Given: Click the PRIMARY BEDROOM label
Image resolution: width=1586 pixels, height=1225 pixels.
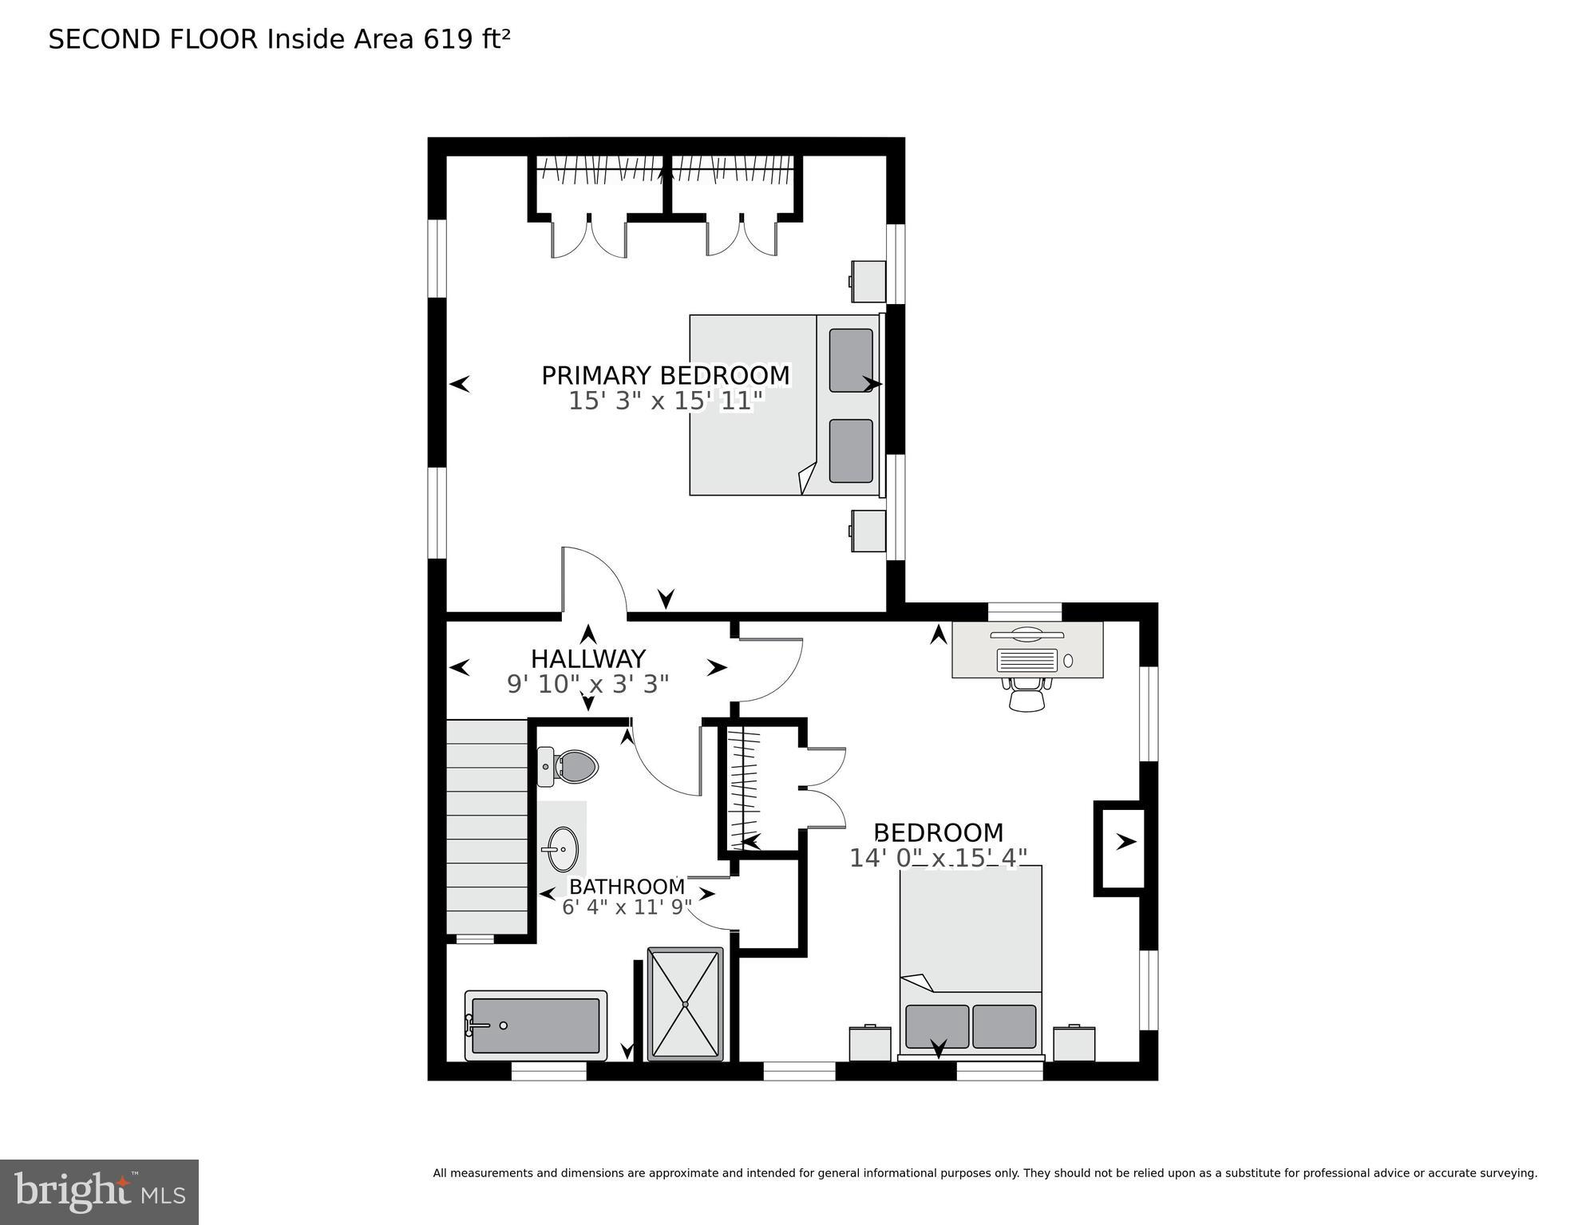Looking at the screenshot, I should [665, 375].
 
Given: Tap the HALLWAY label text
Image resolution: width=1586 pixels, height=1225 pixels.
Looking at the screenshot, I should [587, 658].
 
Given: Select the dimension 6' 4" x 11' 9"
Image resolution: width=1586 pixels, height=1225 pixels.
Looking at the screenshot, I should [627, 907].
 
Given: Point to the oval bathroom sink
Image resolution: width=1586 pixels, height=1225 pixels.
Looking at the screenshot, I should [563, 849].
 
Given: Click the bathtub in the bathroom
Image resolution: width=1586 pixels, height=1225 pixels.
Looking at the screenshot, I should [536, 1025].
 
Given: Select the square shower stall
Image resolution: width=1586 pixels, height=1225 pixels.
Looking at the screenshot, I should [685, 1004].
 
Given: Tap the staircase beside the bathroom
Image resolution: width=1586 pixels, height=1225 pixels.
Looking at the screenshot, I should [486, 826].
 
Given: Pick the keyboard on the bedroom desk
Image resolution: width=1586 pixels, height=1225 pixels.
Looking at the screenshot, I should [1027, 660].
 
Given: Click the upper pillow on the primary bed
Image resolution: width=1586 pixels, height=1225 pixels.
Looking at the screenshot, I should [851, 360].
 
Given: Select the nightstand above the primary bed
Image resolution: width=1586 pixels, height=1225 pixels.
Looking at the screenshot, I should [868, 282].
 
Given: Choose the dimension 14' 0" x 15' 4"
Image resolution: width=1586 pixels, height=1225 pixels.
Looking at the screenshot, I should [938, 858].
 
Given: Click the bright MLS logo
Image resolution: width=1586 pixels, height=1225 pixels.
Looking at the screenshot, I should [99, 1191].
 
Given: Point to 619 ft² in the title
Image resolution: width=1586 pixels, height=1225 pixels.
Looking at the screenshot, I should [466, 39].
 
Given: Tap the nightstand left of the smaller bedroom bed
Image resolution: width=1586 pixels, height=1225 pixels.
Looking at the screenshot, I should [870, 1043].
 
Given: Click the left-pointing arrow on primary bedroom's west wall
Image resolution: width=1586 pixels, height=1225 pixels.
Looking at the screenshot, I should [460, 385].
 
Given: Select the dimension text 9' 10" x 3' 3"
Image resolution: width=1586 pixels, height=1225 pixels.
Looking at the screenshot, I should [587, 684].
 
